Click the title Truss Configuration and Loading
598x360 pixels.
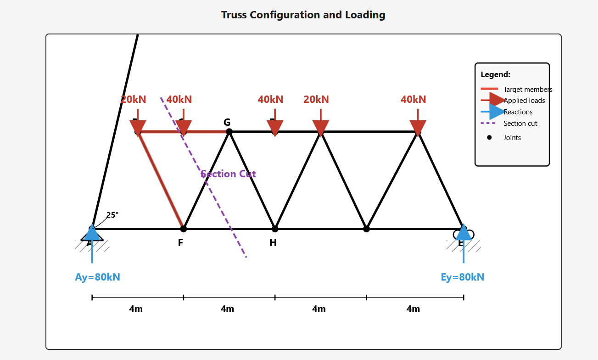tap(303, 15)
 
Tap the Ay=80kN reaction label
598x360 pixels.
tap(97, 277)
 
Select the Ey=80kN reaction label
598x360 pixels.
tap(462, 277)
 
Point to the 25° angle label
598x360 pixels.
tap(112, 215)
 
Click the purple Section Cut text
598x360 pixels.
tap(228, 174)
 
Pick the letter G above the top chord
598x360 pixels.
tap(227, 122)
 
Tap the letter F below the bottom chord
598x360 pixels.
tap(180, 243)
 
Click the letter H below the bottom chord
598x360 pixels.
tap(273, 243)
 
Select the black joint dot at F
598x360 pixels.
tap(184, 229)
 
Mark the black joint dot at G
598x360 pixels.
tap(229, 132)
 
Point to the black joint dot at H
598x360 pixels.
tap(275, 229)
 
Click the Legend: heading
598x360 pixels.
tap(495, 74)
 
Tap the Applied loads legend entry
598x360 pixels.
tap(524, 101)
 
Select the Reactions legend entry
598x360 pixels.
tap(518, 112)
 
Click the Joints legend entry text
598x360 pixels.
tap(512, 138)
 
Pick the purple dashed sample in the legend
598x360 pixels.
tap(488, 123)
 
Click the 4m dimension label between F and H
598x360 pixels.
tap(227, 309)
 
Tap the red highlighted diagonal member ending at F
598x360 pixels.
tap(161, 180)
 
